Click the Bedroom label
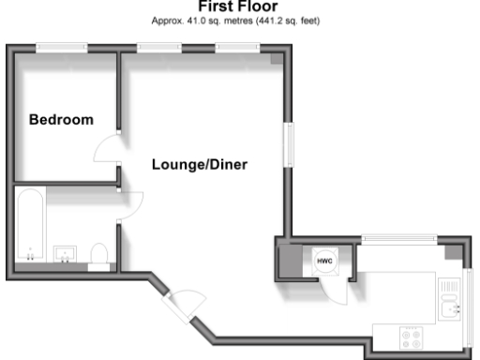(x=61, y=120)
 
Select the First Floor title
(x=239, y=6)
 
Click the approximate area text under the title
(x=239, y=19)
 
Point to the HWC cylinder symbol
(x=325, y=260)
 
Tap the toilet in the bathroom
(x=98, y=254)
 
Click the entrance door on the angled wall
(x=185, y=304)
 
